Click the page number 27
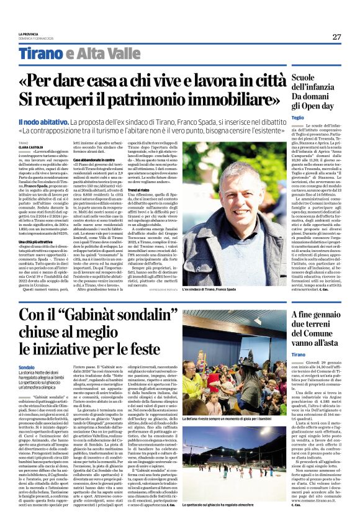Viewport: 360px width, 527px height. pos(336,37)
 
